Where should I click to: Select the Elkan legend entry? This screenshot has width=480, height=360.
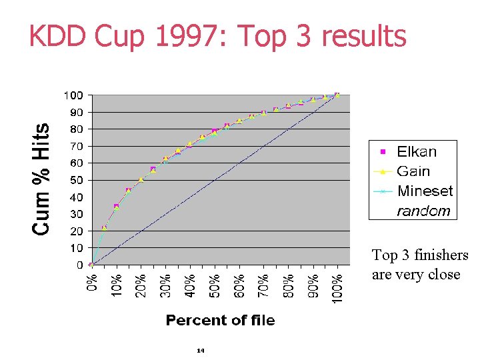tap(417, 151)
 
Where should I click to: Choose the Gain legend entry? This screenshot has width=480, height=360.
tap(413, 171)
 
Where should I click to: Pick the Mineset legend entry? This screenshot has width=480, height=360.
tap(425, 191)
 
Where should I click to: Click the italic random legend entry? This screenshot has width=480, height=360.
tap(423, 211)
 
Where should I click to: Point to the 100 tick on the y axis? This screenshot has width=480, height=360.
tap(73, 95)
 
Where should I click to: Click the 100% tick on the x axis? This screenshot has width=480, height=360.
tap(337, 283)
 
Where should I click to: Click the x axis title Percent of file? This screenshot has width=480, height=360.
tap(220, 321)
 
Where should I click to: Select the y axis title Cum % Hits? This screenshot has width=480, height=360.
tap(41, 179)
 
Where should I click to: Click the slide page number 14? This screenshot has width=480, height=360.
tap(200, 349)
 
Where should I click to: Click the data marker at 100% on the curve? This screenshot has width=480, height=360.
tap(337, 95)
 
